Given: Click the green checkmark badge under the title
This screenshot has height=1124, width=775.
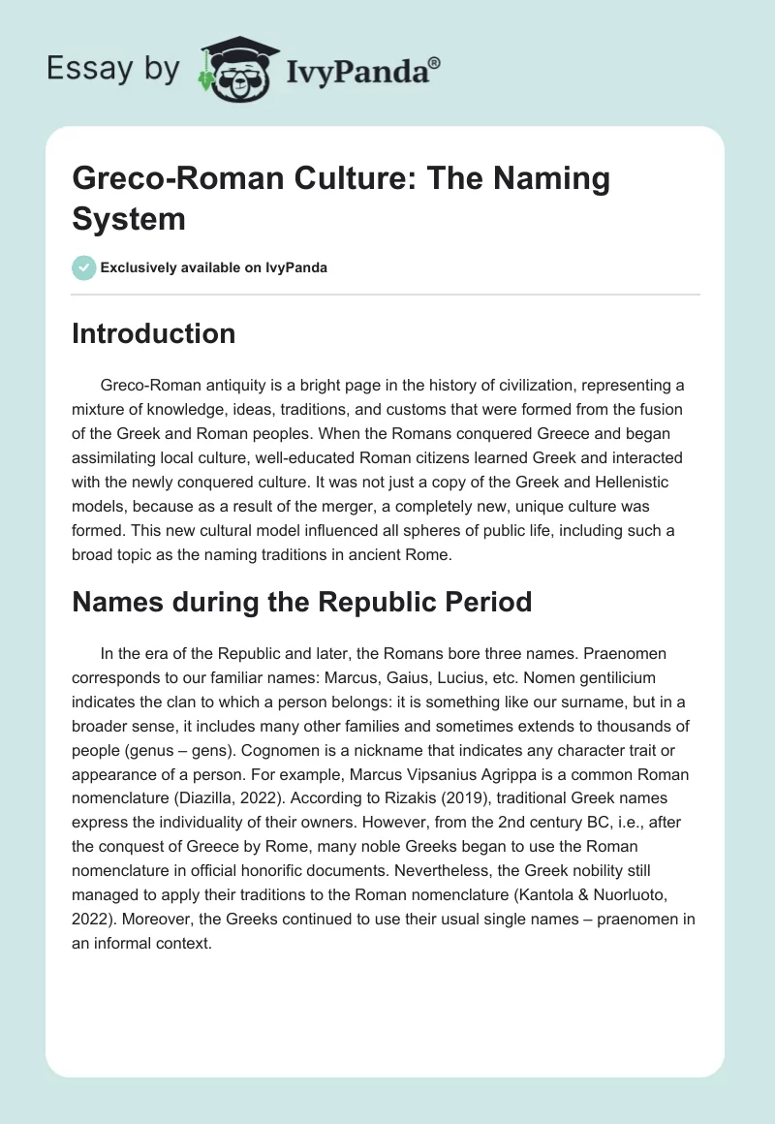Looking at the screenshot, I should point(83,267).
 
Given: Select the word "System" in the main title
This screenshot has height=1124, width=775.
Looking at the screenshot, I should point(129,218).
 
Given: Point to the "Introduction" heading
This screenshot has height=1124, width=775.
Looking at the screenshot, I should point(153,333).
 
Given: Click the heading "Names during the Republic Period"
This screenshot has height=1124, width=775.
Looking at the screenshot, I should point(302,602).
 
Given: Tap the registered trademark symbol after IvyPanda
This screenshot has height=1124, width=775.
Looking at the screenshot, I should point(436,61).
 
